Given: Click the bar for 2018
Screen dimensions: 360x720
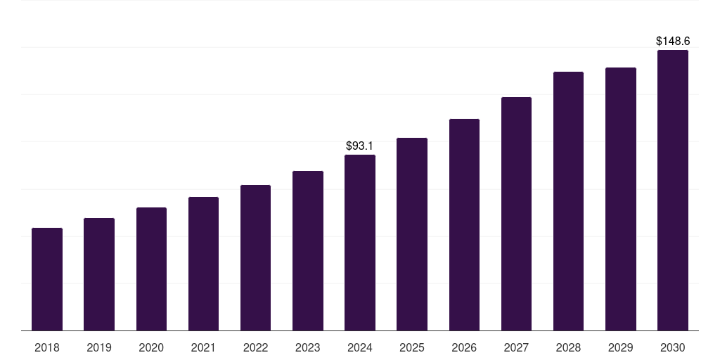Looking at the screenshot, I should pos(47,279).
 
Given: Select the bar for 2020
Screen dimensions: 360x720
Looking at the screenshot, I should pos(151,269).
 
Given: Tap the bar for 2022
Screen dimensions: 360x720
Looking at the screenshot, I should pos(255,257).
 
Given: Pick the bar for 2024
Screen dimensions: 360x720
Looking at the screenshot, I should pos(360,243).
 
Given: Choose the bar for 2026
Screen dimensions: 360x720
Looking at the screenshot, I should pos(464,224).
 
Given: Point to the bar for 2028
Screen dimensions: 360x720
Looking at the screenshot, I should pos(568,201).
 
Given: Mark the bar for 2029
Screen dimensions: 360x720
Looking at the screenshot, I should pos(620,199).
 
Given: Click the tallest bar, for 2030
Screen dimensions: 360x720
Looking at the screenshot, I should pos(672,190).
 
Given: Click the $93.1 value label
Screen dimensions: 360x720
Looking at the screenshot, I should pos(359,146).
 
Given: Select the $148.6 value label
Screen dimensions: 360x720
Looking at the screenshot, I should pos(672,41).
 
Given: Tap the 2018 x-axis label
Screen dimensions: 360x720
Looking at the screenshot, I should pos(47,347).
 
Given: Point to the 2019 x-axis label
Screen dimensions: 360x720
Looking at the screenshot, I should pos(99,347).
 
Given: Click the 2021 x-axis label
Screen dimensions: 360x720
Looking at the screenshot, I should pos(203,347).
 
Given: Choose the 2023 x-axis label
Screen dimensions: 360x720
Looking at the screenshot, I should pos(307,347).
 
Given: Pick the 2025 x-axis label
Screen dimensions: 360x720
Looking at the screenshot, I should pos(412,347).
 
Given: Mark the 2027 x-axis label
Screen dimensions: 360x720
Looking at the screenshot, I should pos(516,347).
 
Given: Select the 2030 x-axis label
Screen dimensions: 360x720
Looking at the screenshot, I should pos(672,347).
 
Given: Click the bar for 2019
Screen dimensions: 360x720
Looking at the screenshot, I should pos(99,274).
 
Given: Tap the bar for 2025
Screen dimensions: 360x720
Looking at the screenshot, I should pos(412,234).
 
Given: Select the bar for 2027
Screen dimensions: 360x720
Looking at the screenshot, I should pos(516,214).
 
